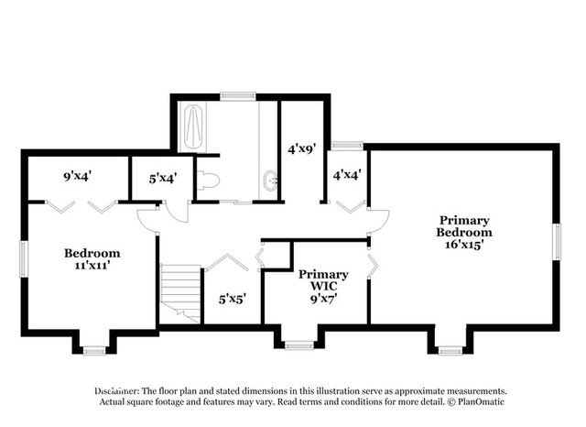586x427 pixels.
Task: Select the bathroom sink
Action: [x=271, y=181]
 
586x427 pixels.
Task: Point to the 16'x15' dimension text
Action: [x=464, y=245]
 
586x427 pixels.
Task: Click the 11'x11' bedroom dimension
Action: [x=92, y=266]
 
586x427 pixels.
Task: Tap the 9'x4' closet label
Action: [x=78, y=176]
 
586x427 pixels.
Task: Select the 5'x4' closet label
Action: [x=163, y=179]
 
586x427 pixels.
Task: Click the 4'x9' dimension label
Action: [x=302, y=149]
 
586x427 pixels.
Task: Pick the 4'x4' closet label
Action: [x=347, y=174]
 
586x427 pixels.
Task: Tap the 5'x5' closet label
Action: [x=233, y=299]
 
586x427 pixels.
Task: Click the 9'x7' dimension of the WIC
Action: [x=323, y=299]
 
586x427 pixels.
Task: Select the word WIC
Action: [x=323, y=287]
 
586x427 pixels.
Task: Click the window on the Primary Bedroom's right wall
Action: [x=557, y=242]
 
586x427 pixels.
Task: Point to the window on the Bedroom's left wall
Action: [x=24, y=259]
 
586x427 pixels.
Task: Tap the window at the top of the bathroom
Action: [x=238, y=96]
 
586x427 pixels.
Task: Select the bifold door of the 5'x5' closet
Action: [x=228, y=262]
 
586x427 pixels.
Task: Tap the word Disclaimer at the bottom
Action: [x=117, y=391]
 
